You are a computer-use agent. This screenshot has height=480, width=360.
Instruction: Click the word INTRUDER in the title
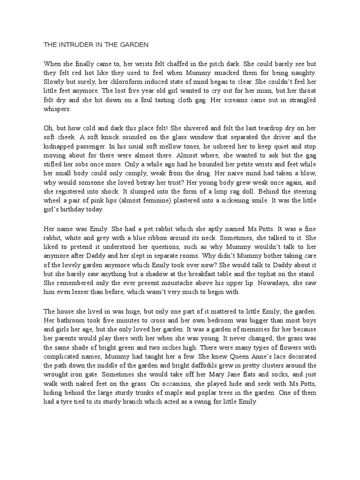(75, 45)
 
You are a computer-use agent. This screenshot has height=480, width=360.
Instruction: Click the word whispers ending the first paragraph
(58, 110)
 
